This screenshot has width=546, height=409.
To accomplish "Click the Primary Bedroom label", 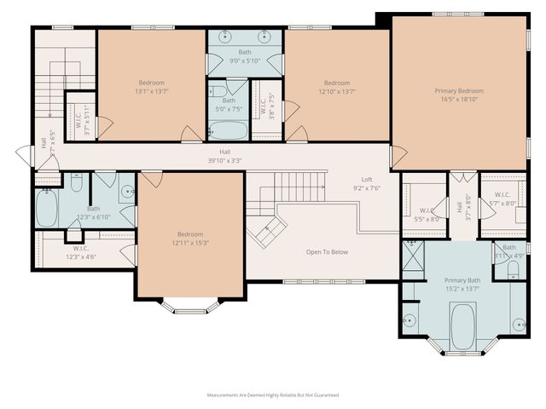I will point(458,91).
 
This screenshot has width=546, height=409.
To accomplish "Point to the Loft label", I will point(367,180).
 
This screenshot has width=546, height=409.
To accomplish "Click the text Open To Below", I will point(327,252).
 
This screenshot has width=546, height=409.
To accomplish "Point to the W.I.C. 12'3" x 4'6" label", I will point(81,252).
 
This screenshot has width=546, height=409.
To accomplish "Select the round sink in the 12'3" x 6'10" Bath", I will point(127,192).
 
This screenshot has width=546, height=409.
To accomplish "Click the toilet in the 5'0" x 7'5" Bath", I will point(218,90).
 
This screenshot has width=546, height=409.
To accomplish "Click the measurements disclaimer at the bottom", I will point(273,395).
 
